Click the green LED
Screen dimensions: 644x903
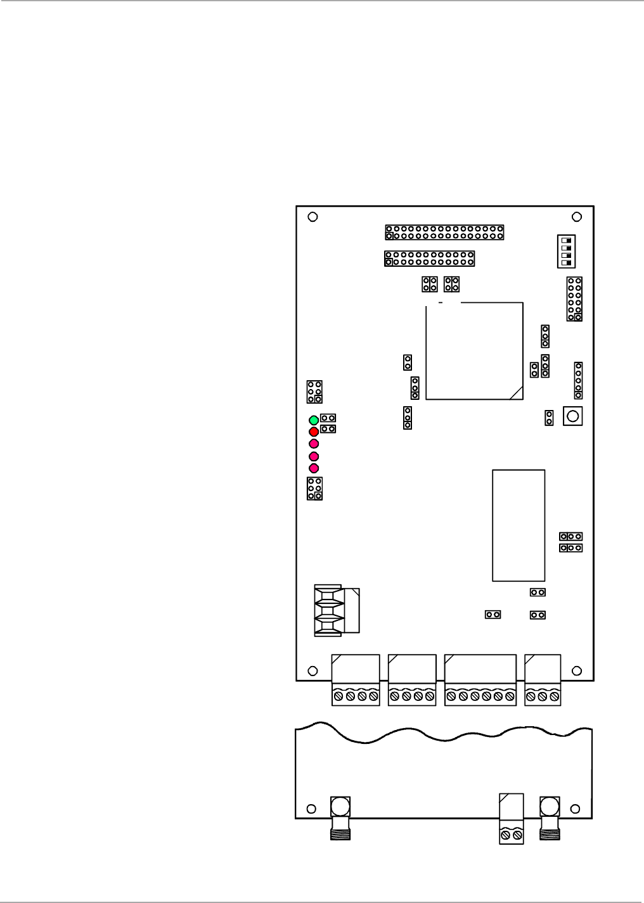point(313,420)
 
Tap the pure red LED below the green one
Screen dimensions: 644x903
point(313,432)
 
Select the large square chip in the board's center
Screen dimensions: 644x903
point(474,350)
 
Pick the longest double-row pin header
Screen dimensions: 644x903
point(444,232)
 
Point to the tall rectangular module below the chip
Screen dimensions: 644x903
point(518,525)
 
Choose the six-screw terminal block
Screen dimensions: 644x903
point(480,696)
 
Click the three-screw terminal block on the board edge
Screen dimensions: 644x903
point(543,696)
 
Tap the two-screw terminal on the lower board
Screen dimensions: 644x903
point(512,836)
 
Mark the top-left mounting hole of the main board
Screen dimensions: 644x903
point(312,217)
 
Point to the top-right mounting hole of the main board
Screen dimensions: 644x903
point(577,217)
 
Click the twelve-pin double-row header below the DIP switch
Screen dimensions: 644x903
point(574,298)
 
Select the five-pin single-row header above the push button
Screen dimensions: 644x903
point(578,380)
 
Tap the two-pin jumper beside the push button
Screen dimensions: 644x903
point(549,418)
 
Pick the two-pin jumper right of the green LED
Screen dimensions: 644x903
point(328,418)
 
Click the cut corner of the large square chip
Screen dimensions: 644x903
point(516,393)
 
